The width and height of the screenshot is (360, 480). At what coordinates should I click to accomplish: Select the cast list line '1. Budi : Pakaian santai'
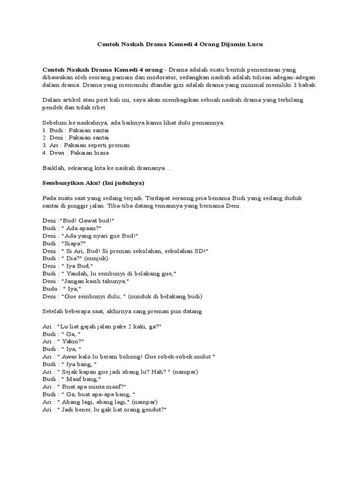pyautogui.click(x=75, y=130)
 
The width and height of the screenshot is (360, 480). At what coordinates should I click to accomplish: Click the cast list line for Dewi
pyautogui.click(x=77, y=153)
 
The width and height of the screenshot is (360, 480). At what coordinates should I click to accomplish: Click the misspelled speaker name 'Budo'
pyautogui.click(x=49, y=289)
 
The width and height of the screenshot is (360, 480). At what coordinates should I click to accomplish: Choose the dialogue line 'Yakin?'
pyautogui.click(x=71, y=341)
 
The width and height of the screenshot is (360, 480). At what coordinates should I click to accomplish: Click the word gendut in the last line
pyautogui.click(x=151, y=409)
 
